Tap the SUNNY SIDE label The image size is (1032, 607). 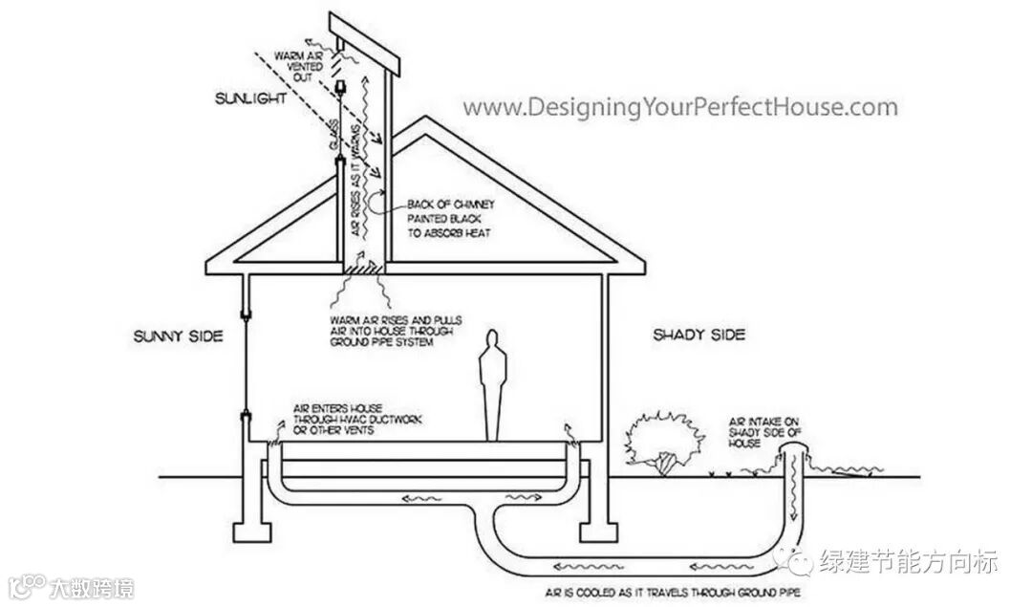(178, 336)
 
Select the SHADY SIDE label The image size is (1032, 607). (699, 335)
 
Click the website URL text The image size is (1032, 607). (681, 108)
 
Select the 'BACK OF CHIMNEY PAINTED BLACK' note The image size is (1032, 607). (448, 218)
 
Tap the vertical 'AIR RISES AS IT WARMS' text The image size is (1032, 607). (357, 182)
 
